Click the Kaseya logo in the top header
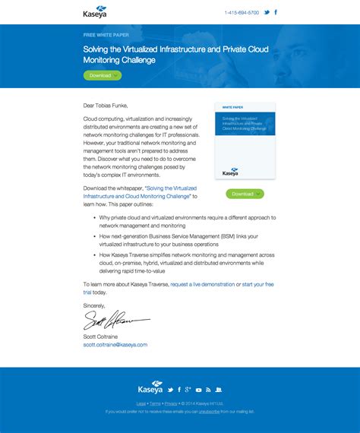(x=95, y=12)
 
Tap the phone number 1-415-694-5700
(x=242, y=13)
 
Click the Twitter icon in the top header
(x=267, y=13)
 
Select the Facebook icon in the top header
(x=276, y=13)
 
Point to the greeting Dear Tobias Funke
(x=106, y=106)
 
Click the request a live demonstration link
(x=203, y=283)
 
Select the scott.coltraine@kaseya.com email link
(x=115, y=344)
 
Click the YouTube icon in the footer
(x=198, y=390)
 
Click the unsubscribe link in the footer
(x=209, y=411)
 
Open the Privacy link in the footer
(x=171, y=403)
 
